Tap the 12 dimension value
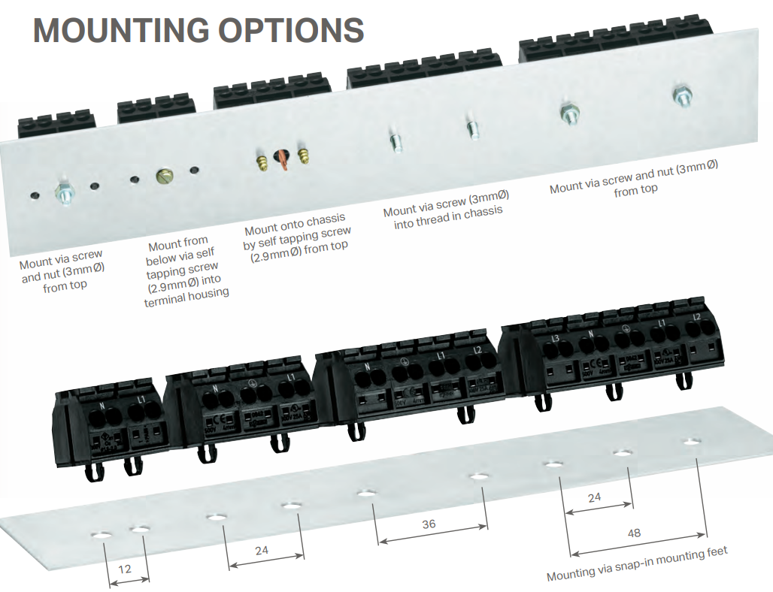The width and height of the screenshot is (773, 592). pos(125,569)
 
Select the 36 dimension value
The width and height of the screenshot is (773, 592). pos(429,524)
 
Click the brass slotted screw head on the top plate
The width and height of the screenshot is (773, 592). pos(164,176)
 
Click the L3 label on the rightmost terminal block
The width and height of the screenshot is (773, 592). pos(555,340)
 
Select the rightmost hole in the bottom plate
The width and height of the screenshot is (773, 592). pos(691,441)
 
